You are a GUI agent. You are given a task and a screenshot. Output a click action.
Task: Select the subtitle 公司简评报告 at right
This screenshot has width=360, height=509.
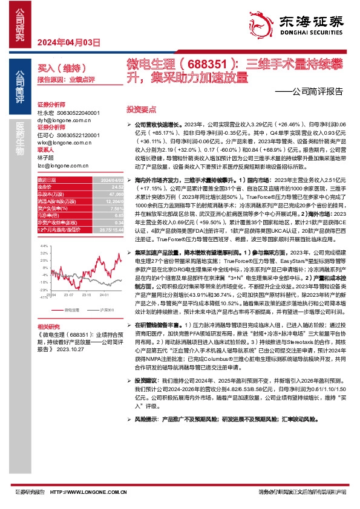point(314,92)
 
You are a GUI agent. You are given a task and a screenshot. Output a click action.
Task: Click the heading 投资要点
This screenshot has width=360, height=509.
point(141,109)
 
